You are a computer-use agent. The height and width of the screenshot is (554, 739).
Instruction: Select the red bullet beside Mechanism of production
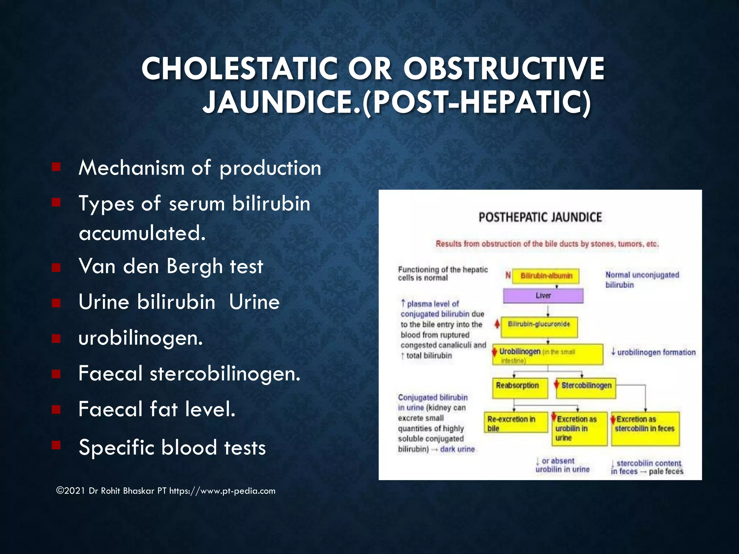pyautogui.click(x=56, y=167)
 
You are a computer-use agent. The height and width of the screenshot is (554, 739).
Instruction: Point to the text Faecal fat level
pyautogui.click(x=157, y=409)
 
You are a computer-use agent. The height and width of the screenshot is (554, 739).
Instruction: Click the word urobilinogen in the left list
pyautogui.click(x=140, y=338)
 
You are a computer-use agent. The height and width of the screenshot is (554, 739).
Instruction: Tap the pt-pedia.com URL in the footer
pyautogui.click(x=222, y=491)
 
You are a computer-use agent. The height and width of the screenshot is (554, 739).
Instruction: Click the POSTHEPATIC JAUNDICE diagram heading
pyautogui.click(x=540, y=217)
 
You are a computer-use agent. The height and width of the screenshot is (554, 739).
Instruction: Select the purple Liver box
pyautogui.click(x=543, y=296)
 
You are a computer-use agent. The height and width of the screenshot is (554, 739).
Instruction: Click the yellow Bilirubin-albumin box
pyautogui.click(x=546, y=276)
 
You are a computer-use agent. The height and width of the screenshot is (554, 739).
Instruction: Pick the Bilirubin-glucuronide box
pyautogui.click(x=539, y=326)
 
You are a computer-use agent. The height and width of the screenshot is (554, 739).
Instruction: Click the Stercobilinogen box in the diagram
pyautogui.click(x=586, y=387)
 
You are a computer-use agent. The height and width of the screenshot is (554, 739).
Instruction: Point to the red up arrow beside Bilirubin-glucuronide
pyautogui.click(x=497, y=324)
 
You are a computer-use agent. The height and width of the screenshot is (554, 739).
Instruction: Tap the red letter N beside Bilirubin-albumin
pyautogui.click(x=508, y=276)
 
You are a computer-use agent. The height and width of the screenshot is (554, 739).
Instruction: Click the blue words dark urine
pyautogui.click(x=457, y=449)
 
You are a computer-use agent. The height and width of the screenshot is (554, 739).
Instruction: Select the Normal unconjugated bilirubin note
pyautogui.click(x=642, y=280)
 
